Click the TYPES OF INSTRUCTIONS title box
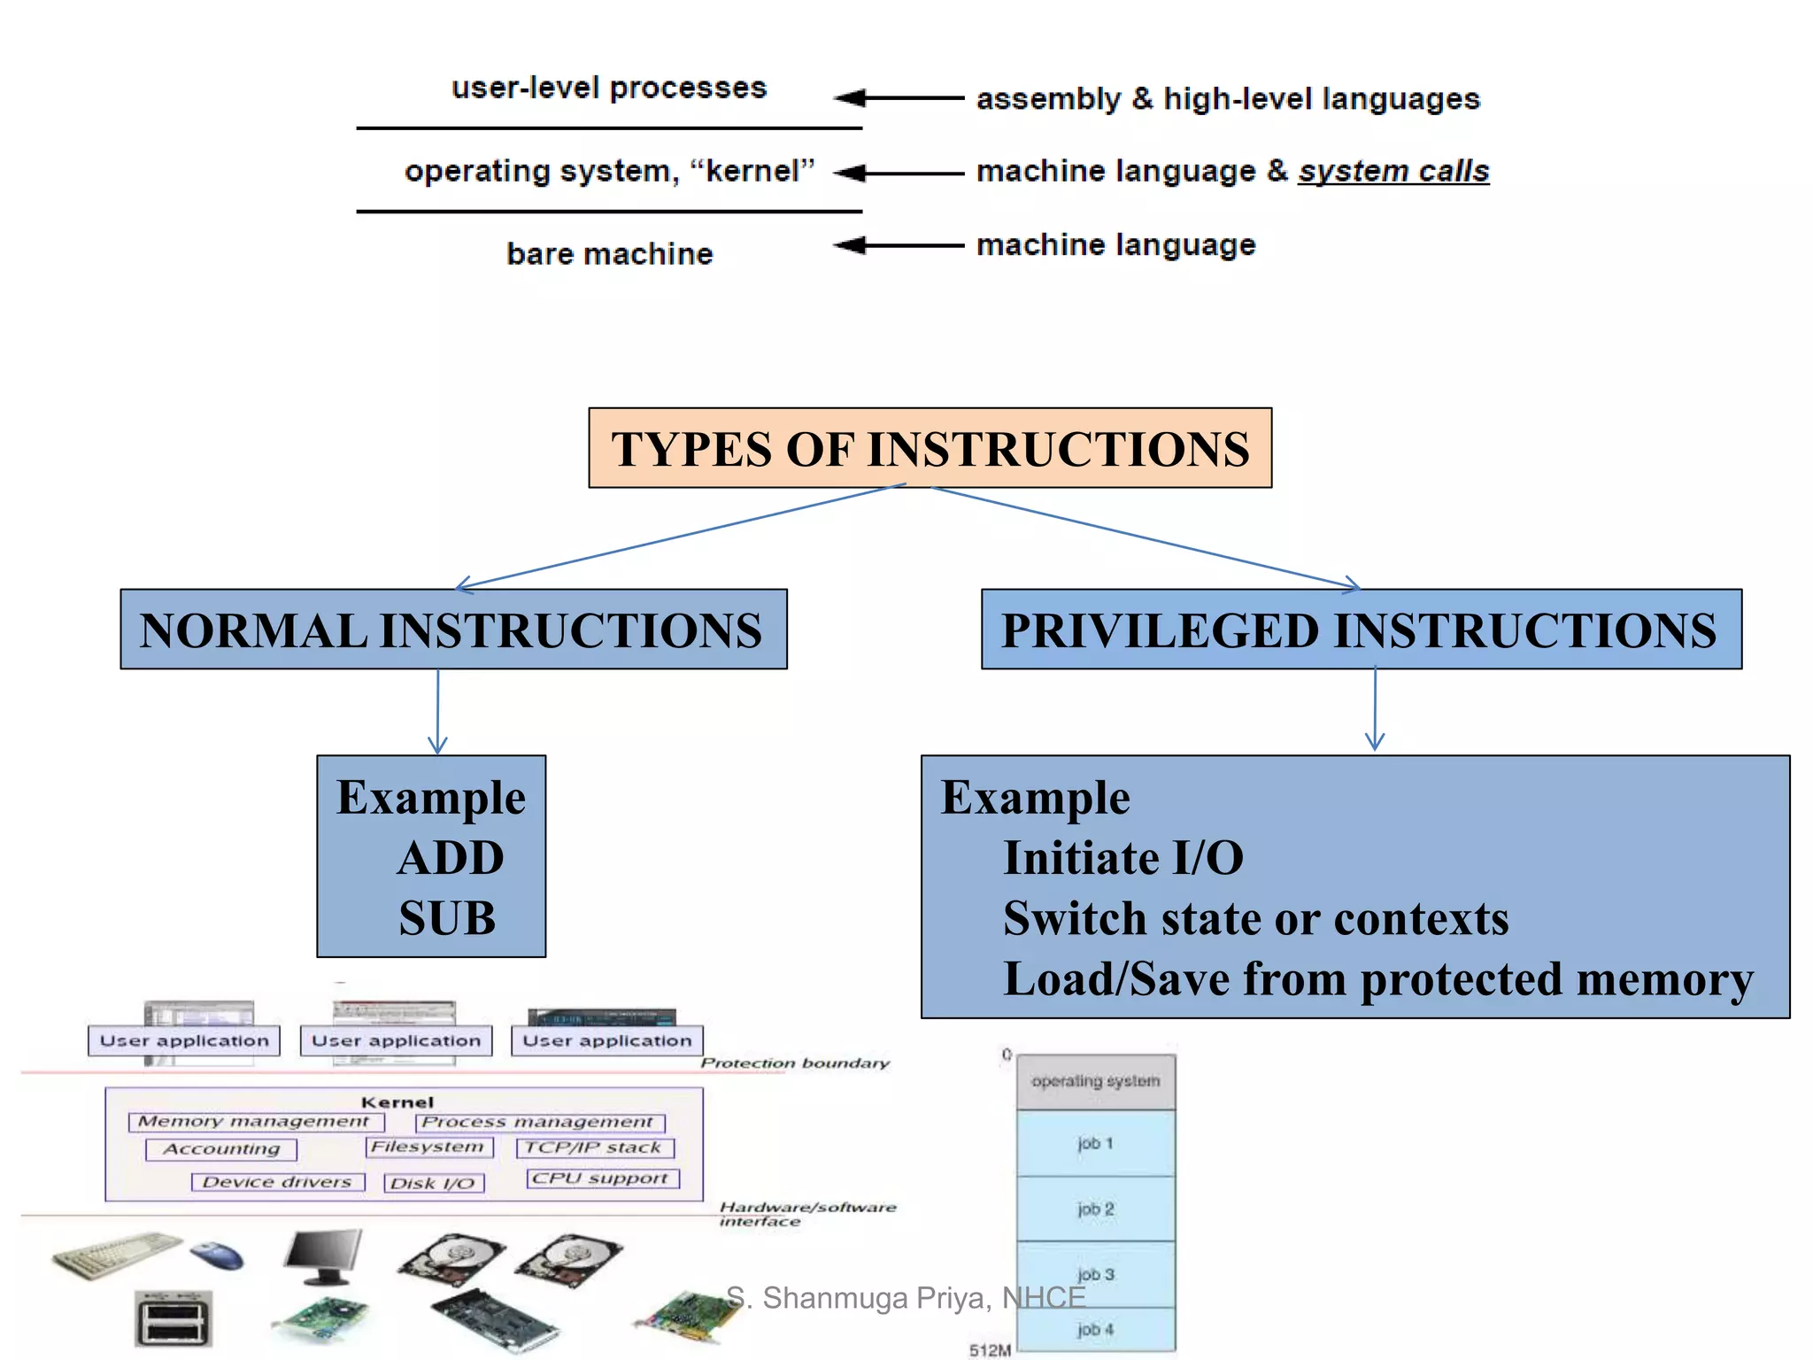pos(930,448)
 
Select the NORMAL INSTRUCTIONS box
pos(453,630)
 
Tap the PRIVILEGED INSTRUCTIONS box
pos(1361,630)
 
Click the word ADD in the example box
pos(451,858)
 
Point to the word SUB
pos(447,918)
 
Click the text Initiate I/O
pos(1123,858)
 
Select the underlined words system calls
pos(1393,171)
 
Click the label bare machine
pos(609,254)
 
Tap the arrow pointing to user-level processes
pos(898,97)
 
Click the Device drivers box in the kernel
pos(277,1182)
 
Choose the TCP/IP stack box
pos(594,1147)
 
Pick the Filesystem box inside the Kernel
pos(428,1147)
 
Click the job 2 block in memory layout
pos(1096,1209)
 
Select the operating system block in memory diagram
pos(1096,1081)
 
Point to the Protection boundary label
pos(795,1062)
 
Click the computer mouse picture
pos(217,1255)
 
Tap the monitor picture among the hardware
pos(324,1256)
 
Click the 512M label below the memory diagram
pos(990,1349)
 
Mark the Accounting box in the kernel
pos(221,1149)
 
